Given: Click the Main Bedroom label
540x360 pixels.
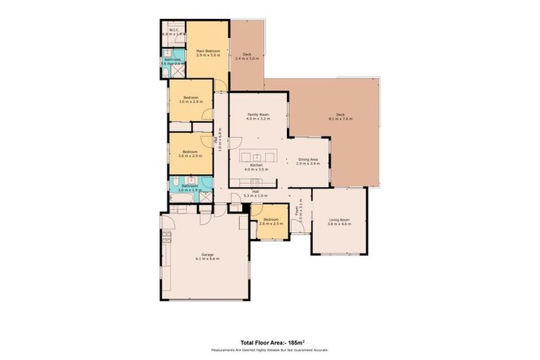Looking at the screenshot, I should (x=208, y=51).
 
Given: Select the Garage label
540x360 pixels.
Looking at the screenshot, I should (x=207, y=254).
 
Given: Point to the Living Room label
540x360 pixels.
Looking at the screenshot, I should (x=340, y=220).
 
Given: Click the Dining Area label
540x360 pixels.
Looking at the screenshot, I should (x=308, y=160).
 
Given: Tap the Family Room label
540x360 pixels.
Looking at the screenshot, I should (x=258, y=115).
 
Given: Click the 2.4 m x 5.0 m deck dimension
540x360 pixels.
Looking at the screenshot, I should (x=247, y=58).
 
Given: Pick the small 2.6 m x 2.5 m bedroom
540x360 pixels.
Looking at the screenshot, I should (x=271, y=221).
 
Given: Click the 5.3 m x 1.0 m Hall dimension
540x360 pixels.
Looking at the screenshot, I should (x=252, y=195).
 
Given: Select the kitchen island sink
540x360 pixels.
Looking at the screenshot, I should (x=257, y=156).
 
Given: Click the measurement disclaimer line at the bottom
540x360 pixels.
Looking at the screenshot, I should (x=270, y=349).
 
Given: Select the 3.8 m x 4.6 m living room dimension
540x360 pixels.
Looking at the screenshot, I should (x=340, y=224).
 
